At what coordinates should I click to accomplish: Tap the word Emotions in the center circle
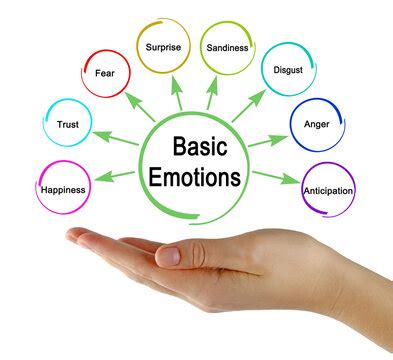tap(197, 179)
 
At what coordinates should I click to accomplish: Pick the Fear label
tap(104, 72)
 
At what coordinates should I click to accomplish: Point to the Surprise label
tap(162, 47)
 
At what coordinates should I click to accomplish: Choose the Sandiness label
tap(228, 47)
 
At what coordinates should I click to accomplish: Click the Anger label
tap(317, 125)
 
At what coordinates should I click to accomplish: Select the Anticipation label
tap(327, 188)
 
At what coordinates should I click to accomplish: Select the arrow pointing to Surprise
tap(176, 93)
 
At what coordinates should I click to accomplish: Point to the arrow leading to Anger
tap(269, 140)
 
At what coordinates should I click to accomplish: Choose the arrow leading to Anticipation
tap(271, 176)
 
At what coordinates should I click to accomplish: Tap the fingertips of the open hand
tap(75, 237)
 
